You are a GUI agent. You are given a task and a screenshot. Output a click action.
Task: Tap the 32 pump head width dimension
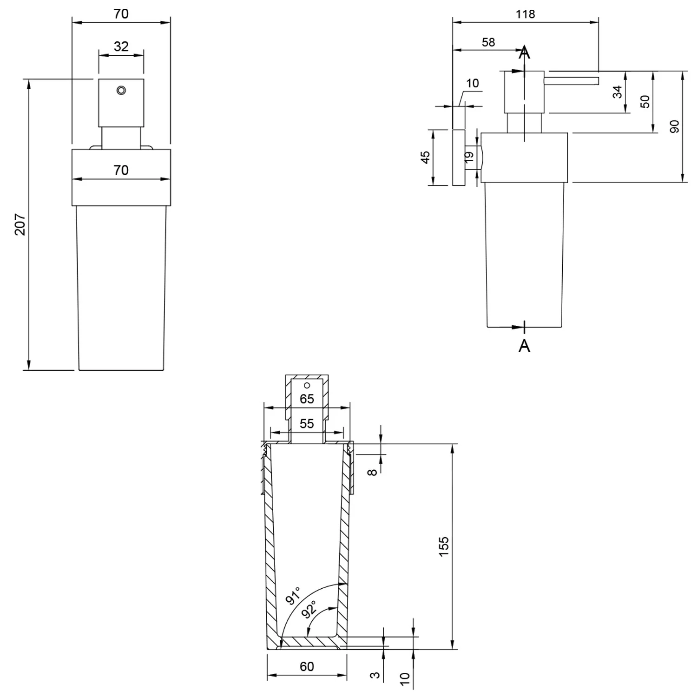121,46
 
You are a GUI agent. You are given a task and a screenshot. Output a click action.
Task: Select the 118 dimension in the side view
525,14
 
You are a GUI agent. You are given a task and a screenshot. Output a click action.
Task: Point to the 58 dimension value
488,42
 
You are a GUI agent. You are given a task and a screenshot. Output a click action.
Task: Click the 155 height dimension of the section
444,546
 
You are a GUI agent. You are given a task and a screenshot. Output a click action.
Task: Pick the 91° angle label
294,596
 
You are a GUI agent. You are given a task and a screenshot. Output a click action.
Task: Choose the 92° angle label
309,609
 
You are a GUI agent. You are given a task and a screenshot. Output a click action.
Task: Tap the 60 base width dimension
307,666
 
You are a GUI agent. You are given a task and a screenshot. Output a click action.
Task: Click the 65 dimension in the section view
307,399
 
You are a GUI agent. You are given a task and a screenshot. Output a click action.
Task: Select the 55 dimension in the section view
307,423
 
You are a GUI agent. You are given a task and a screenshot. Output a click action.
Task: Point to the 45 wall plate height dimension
425,158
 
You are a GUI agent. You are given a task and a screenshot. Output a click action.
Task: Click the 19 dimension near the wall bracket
469,157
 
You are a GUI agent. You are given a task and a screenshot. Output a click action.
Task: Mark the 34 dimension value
617,92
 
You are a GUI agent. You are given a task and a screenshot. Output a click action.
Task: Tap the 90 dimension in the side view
675,126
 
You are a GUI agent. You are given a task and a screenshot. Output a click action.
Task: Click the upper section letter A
524,53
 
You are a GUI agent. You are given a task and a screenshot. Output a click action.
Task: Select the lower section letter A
524,345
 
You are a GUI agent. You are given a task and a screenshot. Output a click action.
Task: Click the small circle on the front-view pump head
121,90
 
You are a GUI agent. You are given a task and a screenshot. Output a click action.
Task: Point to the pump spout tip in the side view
597,81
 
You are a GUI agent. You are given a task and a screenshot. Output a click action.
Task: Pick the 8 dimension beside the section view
372,472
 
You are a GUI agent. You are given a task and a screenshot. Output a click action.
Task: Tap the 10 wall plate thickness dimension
472,83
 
